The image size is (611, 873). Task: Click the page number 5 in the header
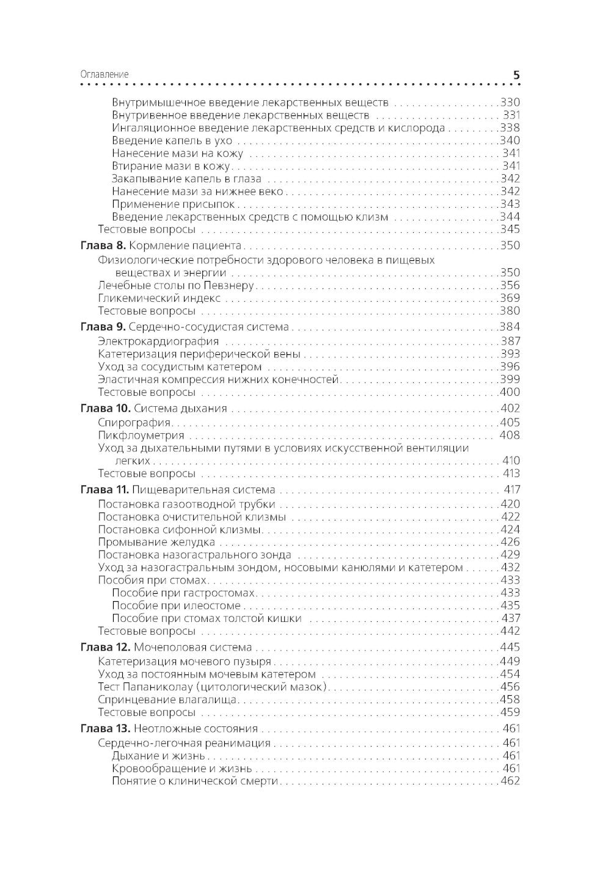(516, 75)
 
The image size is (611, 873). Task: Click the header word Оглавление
(104, 75)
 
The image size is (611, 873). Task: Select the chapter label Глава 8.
(103, 246)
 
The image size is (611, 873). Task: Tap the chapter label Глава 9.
(103, 327)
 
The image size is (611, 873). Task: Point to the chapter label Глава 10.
(105, 409)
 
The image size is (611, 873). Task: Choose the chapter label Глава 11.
(104, 490)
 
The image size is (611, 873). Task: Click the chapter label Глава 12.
(105, 648)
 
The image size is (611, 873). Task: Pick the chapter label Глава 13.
(105, 729)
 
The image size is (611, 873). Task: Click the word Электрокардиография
(158, 342)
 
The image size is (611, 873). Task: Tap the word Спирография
(134, 423)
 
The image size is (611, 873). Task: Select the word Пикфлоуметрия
(141, 436)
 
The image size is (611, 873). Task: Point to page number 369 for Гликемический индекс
(510, 298)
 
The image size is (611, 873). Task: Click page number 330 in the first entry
(510, 103)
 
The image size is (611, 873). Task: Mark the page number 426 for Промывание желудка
(510, 542)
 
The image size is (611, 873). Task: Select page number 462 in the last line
(510, 781)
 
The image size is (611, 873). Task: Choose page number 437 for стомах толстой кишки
(510, 618)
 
